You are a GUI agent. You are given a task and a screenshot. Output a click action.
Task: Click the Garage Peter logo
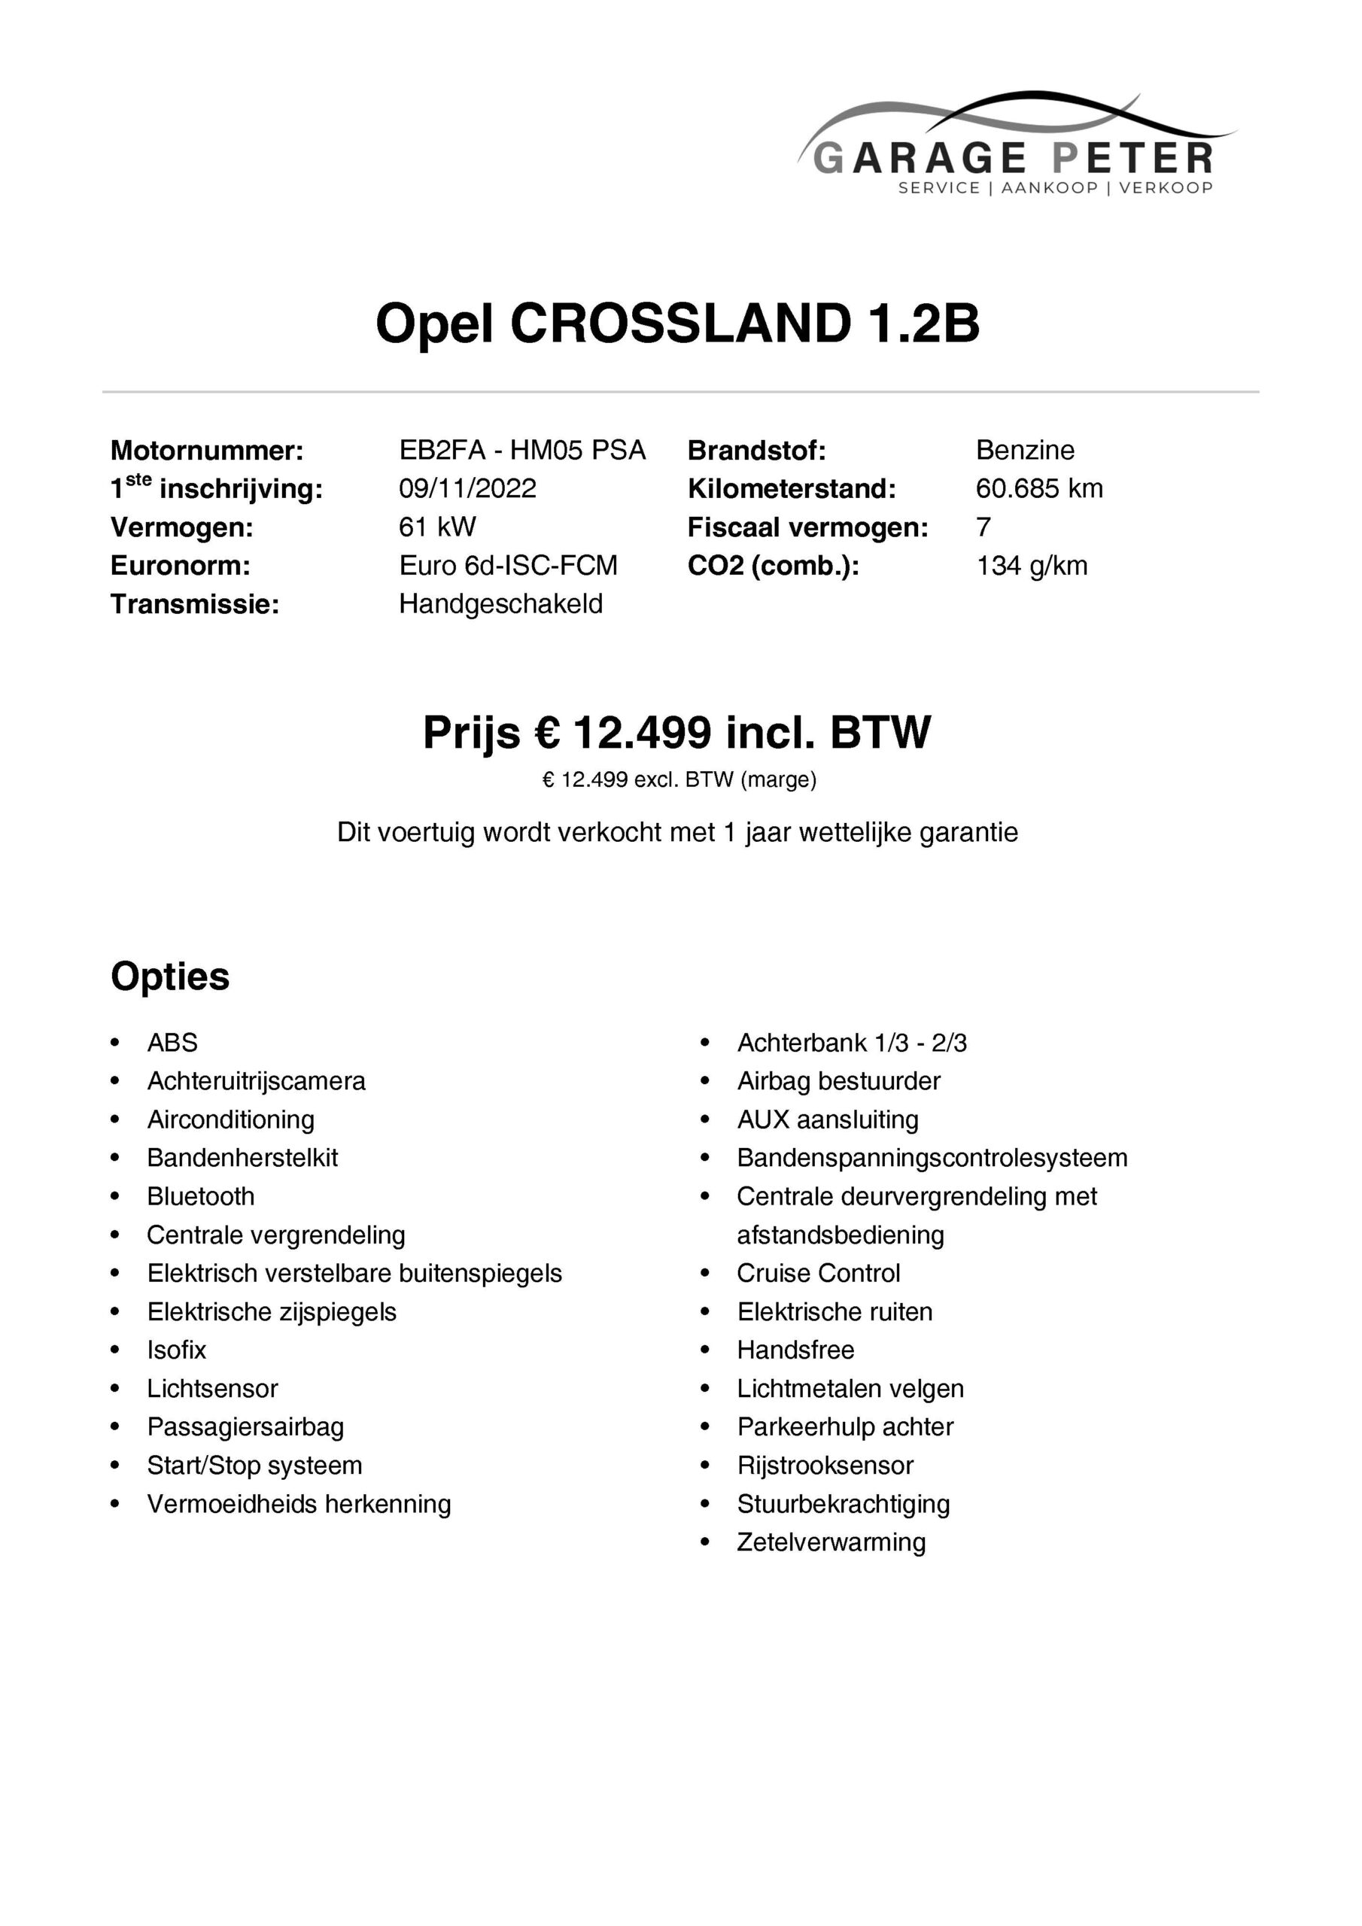[1015, 147]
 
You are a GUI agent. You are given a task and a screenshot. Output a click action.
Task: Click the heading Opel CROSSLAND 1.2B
[678, 324]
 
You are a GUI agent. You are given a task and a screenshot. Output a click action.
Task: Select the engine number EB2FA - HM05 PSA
[522, 451]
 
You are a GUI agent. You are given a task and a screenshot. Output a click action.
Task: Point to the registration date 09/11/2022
[467, 488]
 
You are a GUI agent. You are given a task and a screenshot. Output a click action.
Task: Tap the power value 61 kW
[437, 527]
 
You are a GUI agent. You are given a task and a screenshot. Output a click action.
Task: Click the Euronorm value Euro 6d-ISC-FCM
[508, 565]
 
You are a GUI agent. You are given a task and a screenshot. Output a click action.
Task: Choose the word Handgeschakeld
[500, 604]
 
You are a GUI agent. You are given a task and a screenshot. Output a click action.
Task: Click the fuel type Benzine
[1025, 451]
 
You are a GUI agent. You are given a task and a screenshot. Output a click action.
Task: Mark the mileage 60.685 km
[1039, 488]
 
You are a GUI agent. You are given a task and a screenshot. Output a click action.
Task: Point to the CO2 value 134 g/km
[1032, 565]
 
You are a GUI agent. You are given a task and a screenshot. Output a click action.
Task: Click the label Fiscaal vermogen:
[807, 527]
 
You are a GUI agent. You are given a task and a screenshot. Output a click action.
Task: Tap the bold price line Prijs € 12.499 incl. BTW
[676, 732]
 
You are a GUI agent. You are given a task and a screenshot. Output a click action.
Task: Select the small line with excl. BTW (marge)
[679, 780]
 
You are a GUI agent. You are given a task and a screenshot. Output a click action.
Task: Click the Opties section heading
[169, 977]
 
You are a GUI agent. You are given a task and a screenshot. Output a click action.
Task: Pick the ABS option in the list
[172, 1043]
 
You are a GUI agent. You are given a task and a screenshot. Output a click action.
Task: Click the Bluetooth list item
[201, 1196]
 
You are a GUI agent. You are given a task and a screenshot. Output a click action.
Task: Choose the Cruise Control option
[818, 1274]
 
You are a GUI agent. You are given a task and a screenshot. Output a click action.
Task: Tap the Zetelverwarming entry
[831, 1542]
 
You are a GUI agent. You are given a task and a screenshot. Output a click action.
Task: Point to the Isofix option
[176, 1350]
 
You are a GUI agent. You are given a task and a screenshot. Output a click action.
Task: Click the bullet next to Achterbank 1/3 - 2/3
[705, 1043]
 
